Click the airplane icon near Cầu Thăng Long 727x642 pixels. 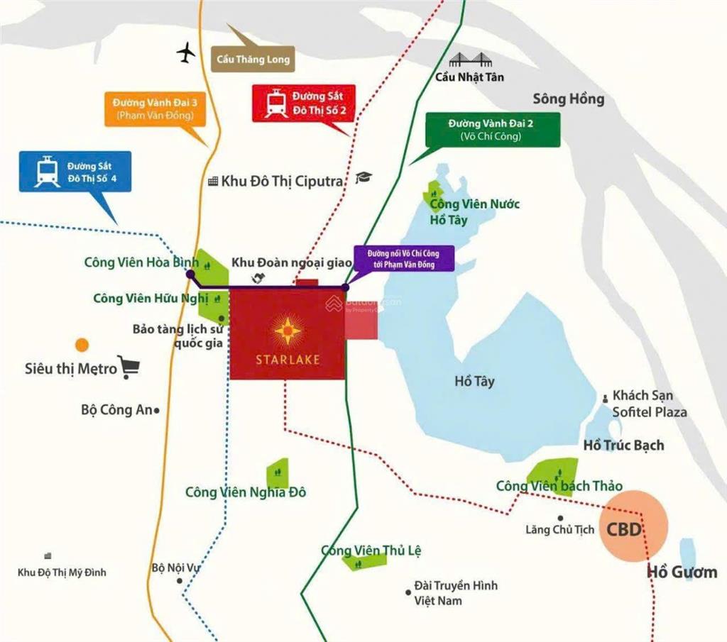[x=187, y=52]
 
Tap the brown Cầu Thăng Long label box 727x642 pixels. [x=253, y=59]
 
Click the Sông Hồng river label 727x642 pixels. [x=568, y=99]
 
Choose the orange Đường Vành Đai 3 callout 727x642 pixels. [x=154, y=109]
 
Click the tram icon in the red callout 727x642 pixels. [x=276, y=104]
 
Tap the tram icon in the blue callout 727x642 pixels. [x=47, y=171]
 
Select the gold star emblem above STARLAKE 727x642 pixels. [x=288, y=330]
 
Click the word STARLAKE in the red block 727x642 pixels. [x=288, y=359]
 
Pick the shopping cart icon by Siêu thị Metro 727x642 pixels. [x=129, y=367]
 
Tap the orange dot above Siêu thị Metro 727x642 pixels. [x=82, y=345]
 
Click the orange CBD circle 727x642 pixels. [x=633, y=526]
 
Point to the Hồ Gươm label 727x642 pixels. [x=682, y=572]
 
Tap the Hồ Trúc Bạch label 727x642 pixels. [x=623, y=445]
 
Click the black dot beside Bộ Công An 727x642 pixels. [x=156, y=410]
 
